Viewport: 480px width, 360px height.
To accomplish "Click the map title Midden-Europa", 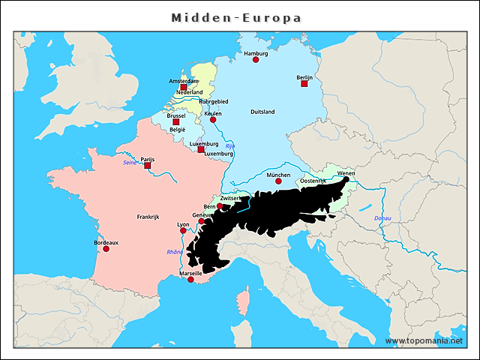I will [236, 17].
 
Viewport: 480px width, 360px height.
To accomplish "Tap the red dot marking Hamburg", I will [256, 59].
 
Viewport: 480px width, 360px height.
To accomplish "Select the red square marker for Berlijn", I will [304, 83].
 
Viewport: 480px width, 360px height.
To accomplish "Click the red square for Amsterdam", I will [184, 87].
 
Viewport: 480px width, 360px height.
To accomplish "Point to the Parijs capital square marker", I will [148, 165].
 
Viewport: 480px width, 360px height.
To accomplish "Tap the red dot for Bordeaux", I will [106, 249].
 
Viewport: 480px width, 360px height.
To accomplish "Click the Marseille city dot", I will [190, 280].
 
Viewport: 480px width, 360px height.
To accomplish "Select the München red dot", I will [278, 181].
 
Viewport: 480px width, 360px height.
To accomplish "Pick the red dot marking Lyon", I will [184, 230].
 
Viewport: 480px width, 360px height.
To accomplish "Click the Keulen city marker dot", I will [213, 119].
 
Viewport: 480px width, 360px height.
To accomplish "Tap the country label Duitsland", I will [262, 112].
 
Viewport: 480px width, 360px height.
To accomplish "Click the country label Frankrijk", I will [148, 217].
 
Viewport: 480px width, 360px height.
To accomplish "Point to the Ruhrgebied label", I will [214, 102].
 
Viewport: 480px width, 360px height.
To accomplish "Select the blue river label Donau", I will [382, 218].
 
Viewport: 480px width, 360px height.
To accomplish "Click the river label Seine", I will [129, 162].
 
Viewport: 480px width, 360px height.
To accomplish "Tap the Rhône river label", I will [175, 252].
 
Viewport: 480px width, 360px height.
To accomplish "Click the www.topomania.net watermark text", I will [424, 341].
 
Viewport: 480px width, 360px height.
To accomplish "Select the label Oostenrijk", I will [313, 181].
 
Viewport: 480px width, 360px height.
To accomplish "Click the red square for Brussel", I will [176, 122].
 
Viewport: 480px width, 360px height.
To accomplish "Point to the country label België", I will [177, 130].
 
